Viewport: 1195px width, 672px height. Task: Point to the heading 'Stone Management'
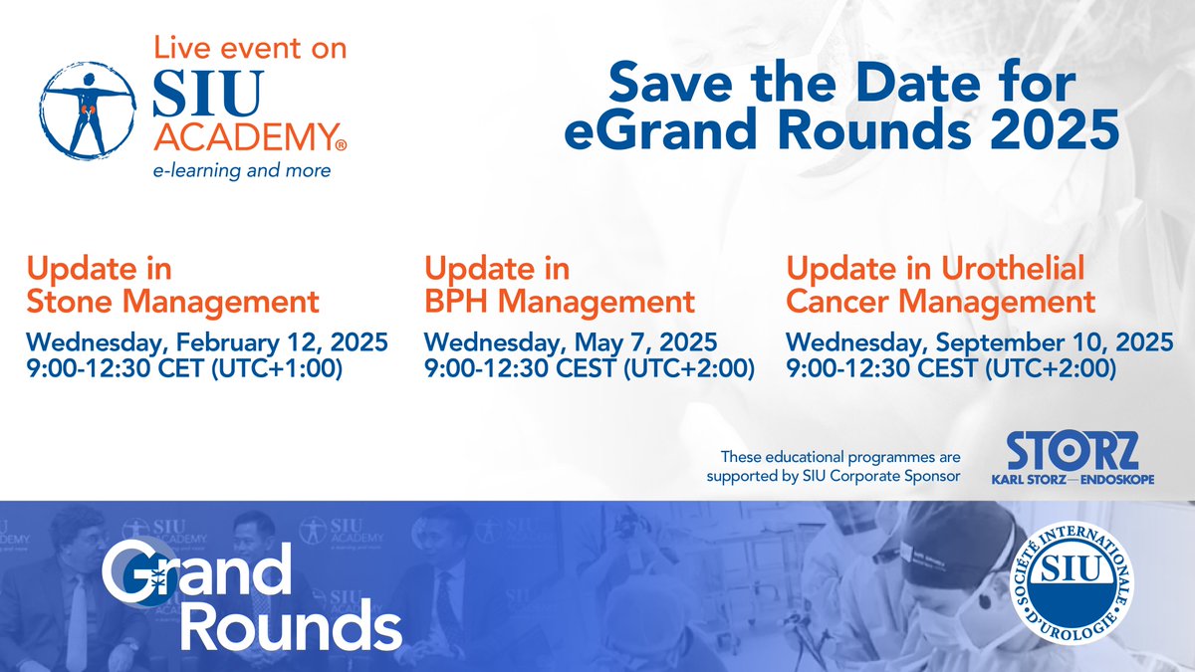click(x=173, y=300)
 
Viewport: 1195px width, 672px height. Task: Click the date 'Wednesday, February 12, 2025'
click(x=206, y=343)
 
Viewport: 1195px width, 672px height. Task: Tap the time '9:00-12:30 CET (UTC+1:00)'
click(x=184, y=369)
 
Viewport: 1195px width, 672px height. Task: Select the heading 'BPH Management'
click(x=559, y=300)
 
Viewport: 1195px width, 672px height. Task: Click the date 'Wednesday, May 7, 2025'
click(x=571, y=343)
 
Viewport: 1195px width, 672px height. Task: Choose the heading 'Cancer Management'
click(x=941, y=300)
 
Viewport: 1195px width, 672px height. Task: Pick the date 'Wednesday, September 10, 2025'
click(x=979, y=343)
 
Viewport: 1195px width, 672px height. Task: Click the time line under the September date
click(x=950, y=369)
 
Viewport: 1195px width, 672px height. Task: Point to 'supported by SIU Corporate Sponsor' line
click(x=834, y=475)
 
